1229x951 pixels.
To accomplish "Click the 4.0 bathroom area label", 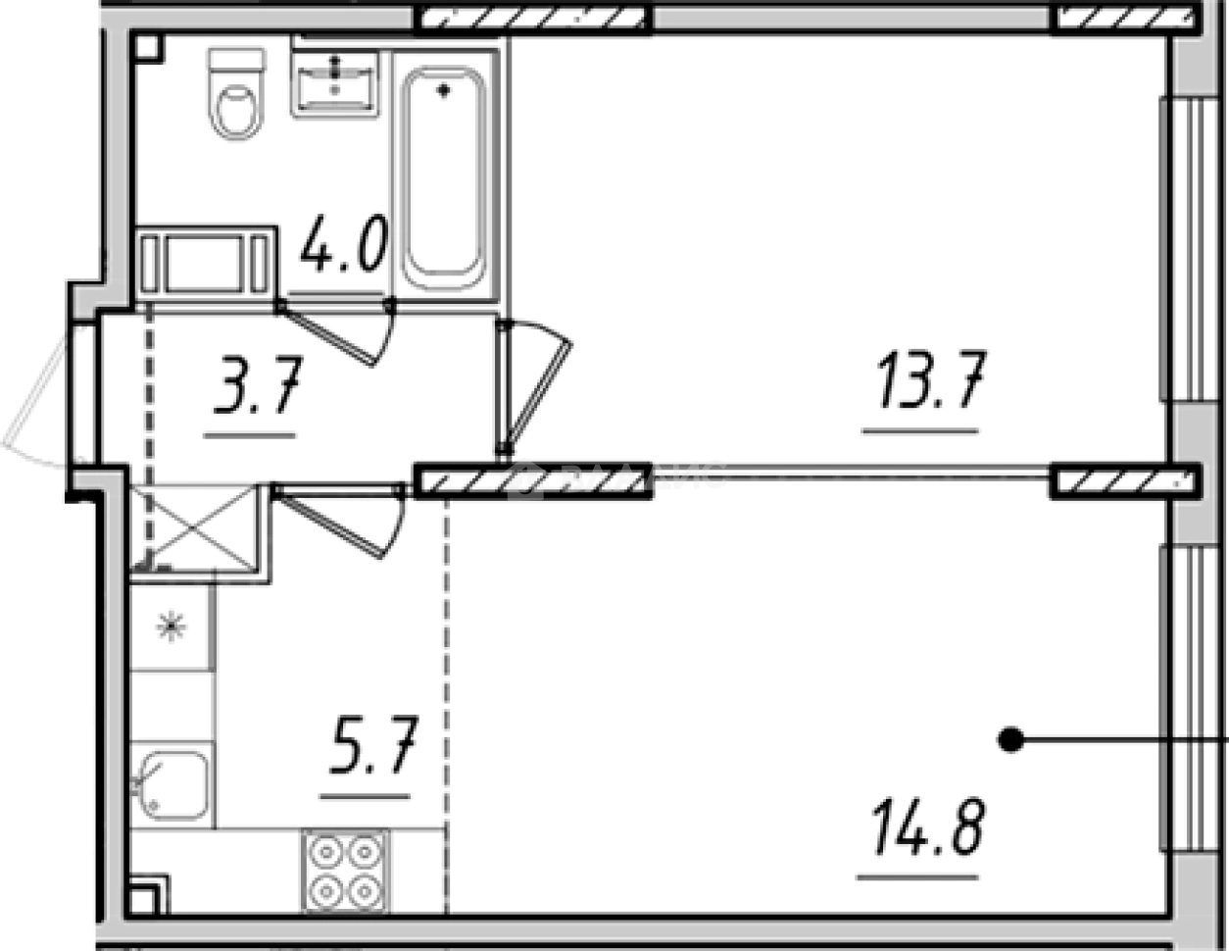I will point(344,245).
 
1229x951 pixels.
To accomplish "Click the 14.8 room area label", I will point(922,828).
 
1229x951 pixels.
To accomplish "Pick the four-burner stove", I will point(345,871).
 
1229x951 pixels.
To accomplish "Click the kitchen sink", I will point(172,784).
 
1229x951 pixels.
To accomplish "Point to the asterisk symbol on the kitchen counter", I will point(172,626).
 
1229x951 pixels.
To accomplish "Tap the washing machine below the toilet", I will point(204,263).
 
